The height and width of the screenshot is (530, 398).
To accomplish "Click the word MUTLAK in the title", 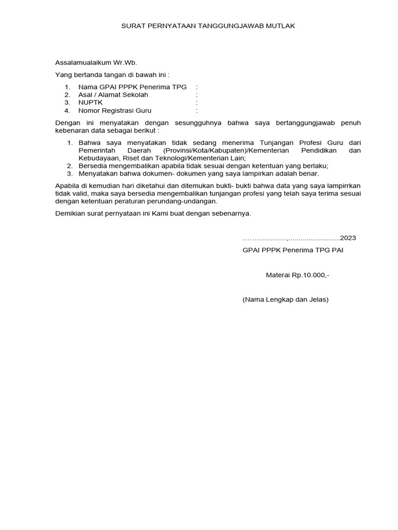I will click(281, 25).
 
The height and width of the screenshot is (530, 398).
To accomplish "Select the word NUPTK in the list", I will click(90, 102).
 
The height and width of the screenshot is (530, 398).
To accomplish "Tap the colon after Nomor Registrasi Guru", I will click(197, 111).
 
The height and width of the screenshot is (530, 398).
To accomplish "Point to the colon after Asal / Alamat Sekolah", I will click(197, 95).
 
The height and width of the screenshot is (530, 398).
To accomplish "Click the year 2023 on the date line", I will click(348, 238).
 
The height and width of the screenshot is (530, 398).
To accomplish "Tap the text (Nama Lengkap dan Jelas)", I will click(286, 299).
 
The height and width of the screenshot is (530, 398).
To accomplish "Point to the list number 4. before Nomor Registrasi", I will click(67, 111).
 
